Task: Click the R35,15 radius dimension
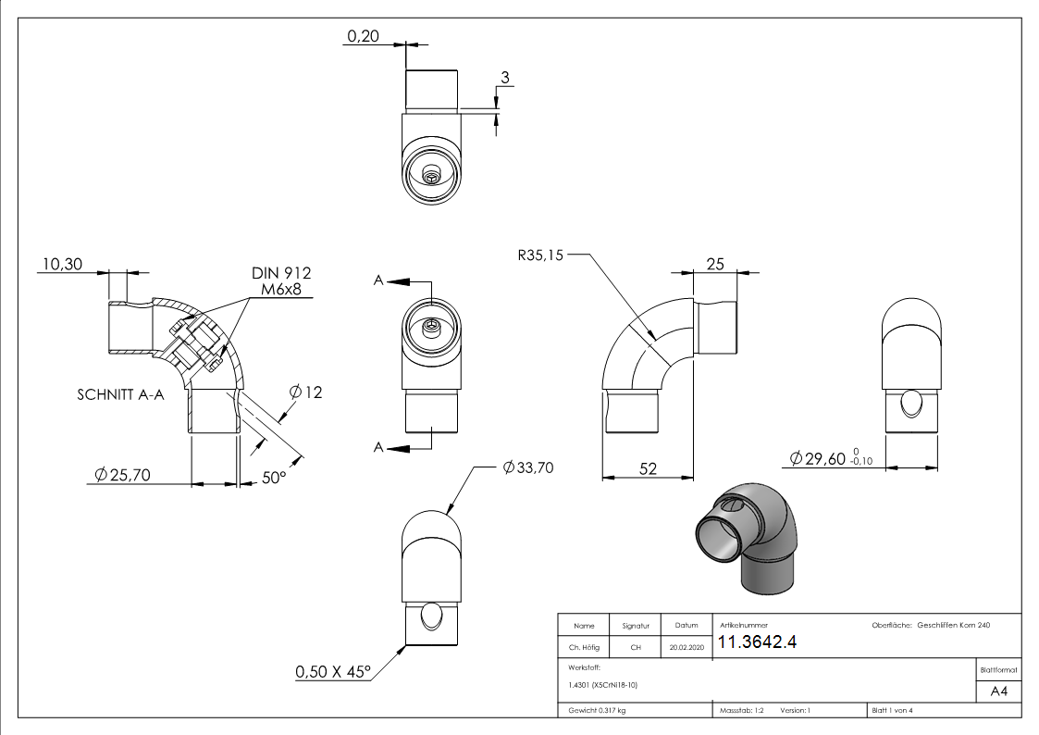click(x=540, y=254)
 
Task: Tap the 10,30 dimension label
click(x=61, y=265)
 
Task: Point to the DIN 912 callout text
click(x=281, y=273)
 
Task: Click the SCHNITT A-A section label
click(x=120, y=394)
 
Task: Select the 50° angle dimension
click(x=274, y=478)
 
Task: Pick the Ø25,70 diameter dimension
click(x=122, y=476)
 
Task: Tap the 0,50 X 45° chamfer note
click(x=332, y=671)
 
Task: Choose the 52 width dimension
click(x=648, y=469)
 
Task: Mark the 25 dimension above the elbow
click(x=715, y=265)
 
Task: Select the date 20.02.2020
click(x=686, y=648)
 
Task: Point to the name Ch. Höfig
click(x=584, y=648)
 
